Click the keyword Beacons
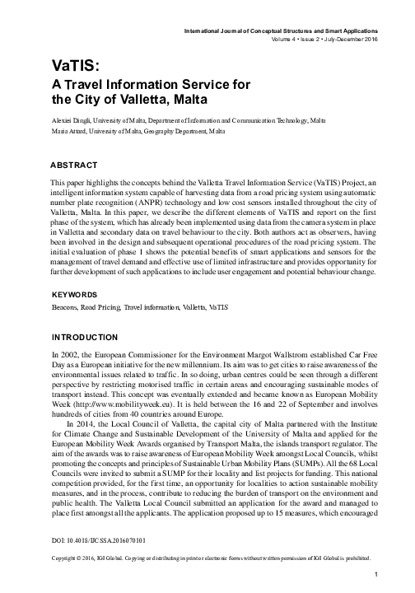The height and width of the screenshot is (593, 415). tap(65, 307)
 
